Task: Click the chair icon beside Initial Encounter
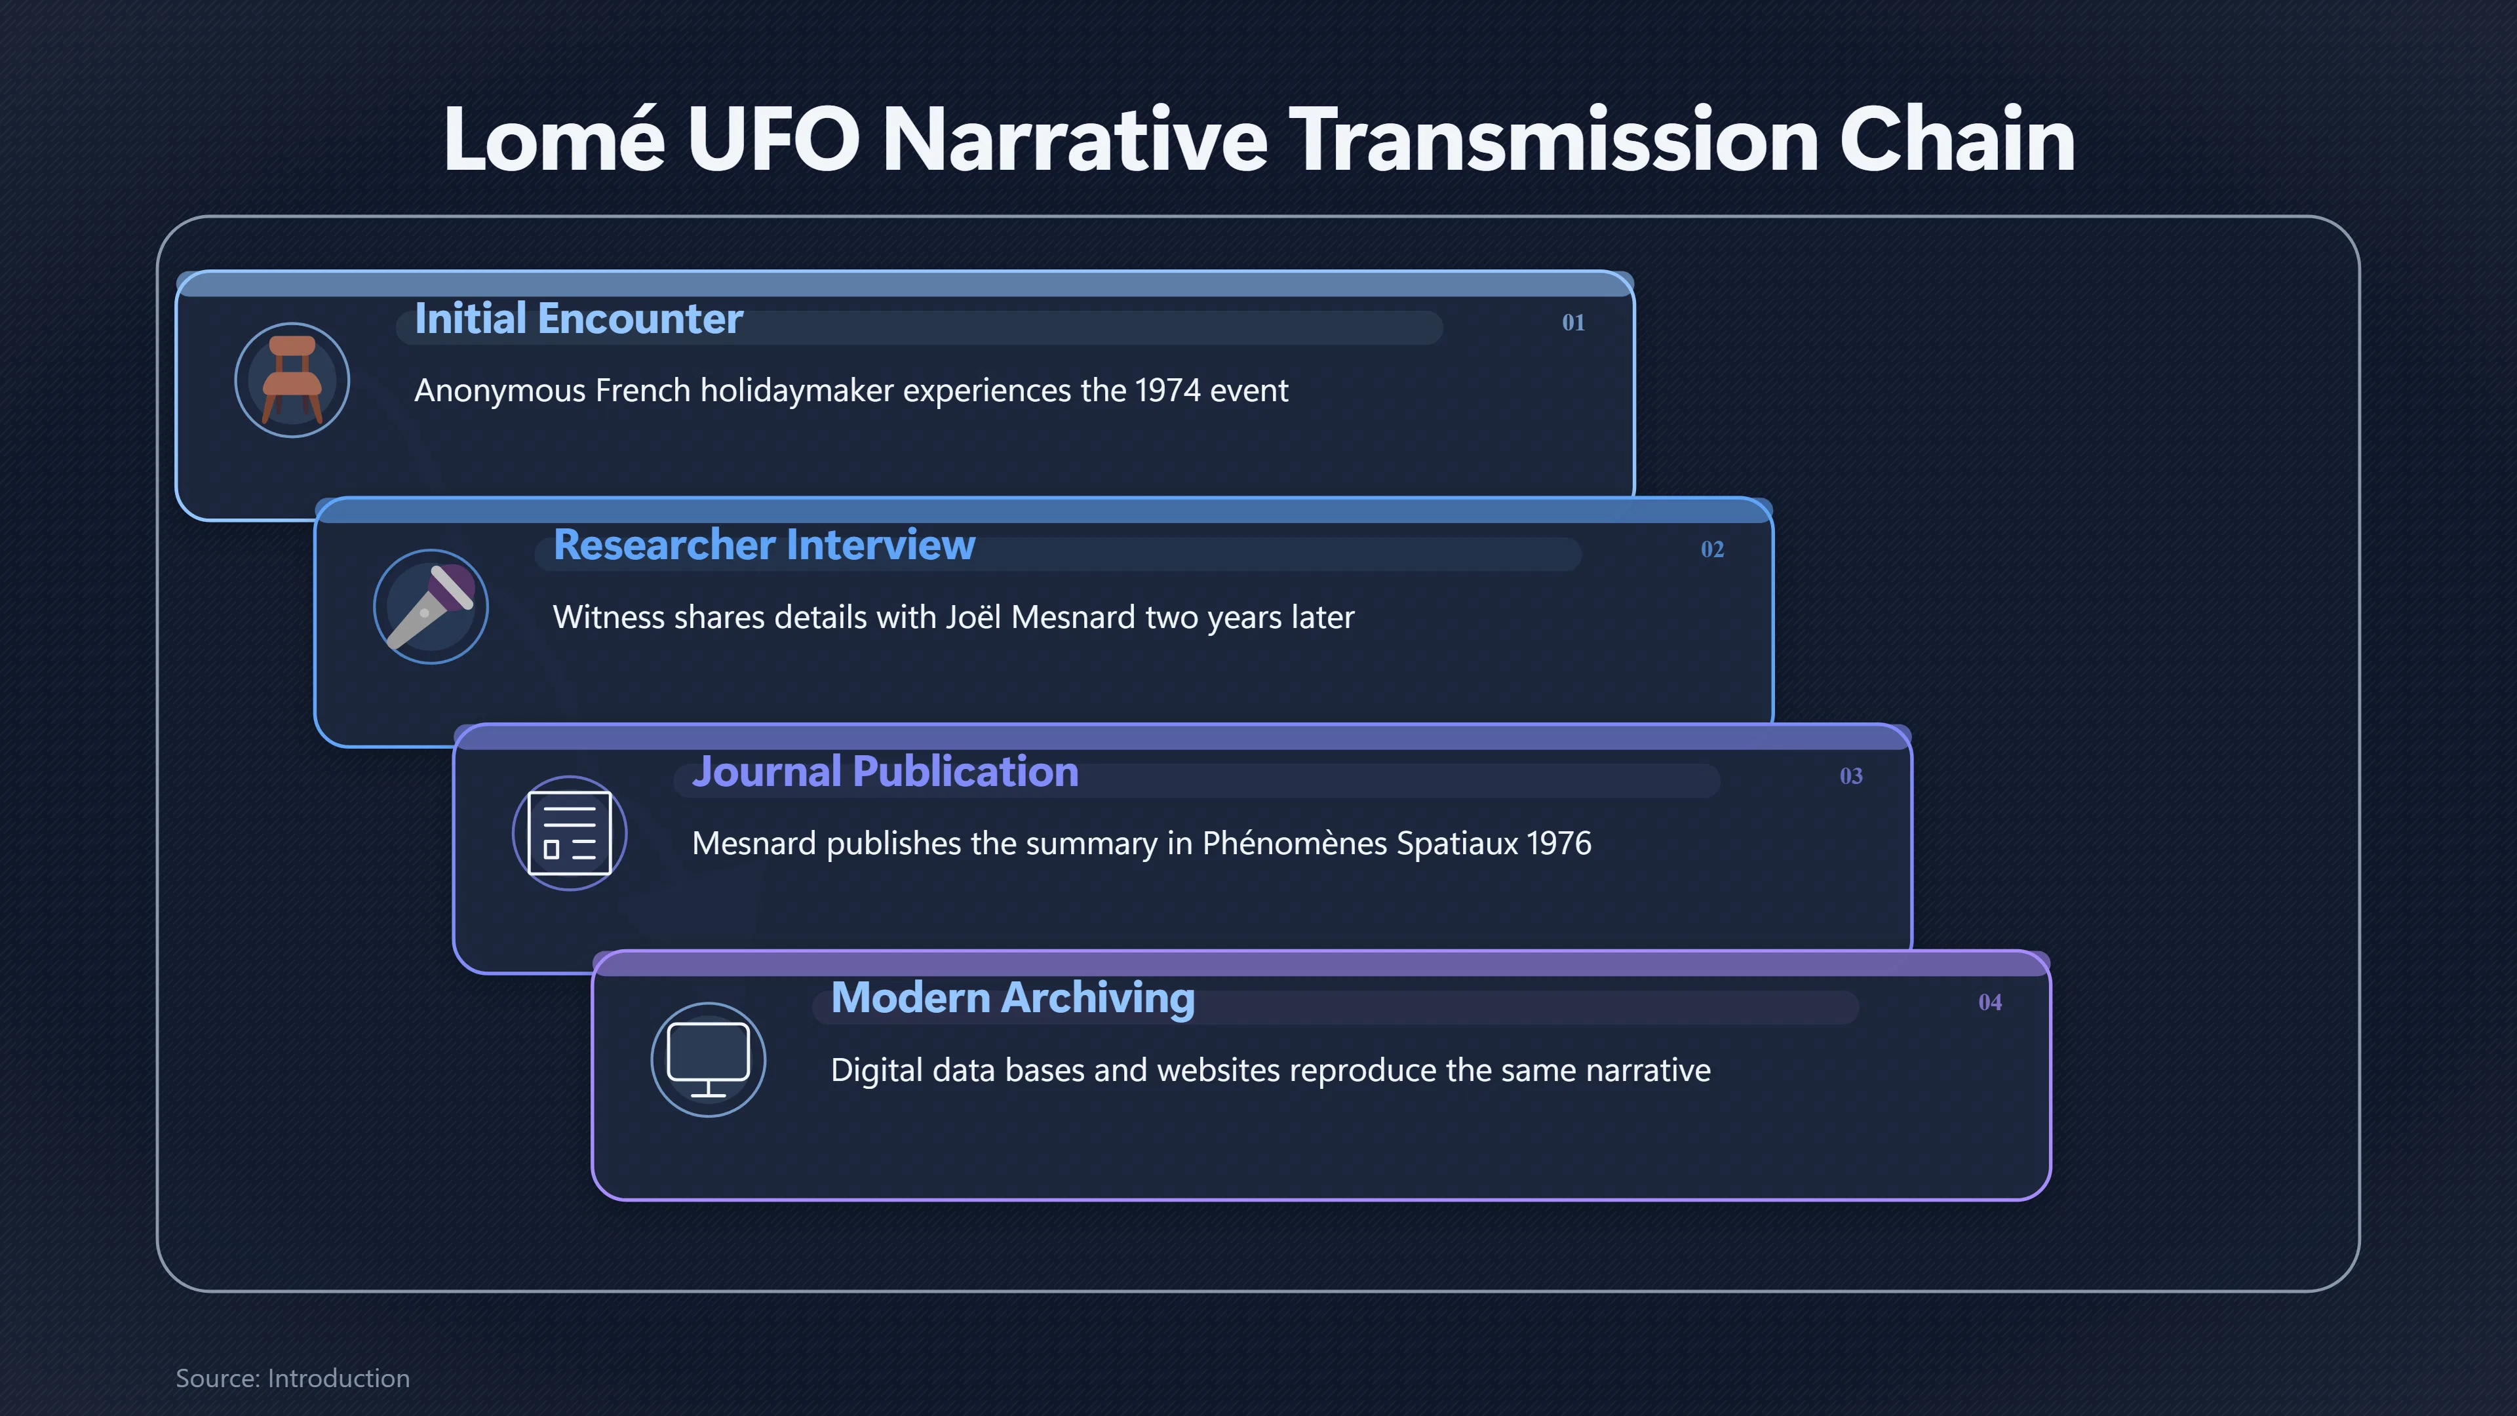292,380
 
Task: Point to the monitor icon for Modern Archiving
709,1060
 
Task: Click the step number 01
1573,323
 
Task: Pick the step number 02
1712,549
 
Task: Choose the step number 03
1850,776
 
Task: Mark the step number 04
1989,1002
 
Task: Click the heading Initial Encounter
578,319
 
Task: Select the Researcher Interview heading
764,545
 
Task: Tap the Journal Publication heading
886,772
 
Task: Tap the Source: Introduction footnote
293,1378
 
